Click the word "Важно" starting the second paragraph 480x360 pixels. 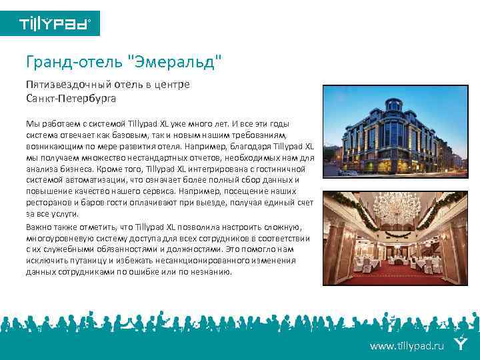click(x=39, y=227)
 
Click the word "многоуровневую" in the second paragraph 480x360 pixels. click(x=58, y=238)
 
